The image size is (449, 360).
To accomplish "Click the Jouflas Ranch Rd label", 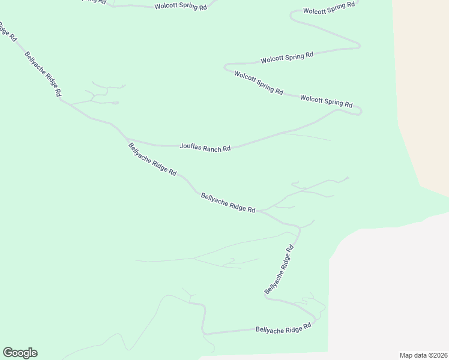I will coord(205,147).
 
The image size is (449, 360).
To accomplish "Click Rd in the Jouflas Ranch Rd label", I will coord(226,149).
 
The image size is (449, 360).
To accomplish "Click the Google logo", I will coord(20,353).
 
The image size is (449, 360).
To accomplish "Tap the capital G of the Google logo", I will coord(8,352).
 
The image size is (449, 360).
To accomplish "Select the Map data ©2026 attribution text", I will coord(423,355).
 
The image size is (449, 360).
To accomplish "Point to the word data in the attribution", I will coord(418,355).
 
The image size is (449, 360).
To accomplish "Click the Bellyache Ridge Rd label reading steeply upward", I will coord(279,269).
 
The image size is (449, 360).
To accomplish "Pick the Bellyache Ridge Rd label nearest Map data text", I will coord(283,329).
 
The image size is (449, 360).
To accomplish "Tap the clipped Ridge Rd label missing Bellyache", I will coord(8,32).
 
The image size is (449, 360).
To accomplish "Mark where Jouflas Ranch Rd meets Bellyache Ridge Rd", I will coord(127,139).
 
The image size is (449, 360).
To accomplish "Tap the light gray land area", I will coord(390,288).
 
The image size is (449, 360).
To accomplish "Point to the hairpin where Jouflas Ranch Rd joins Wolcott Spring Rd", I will coord(359,110).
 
